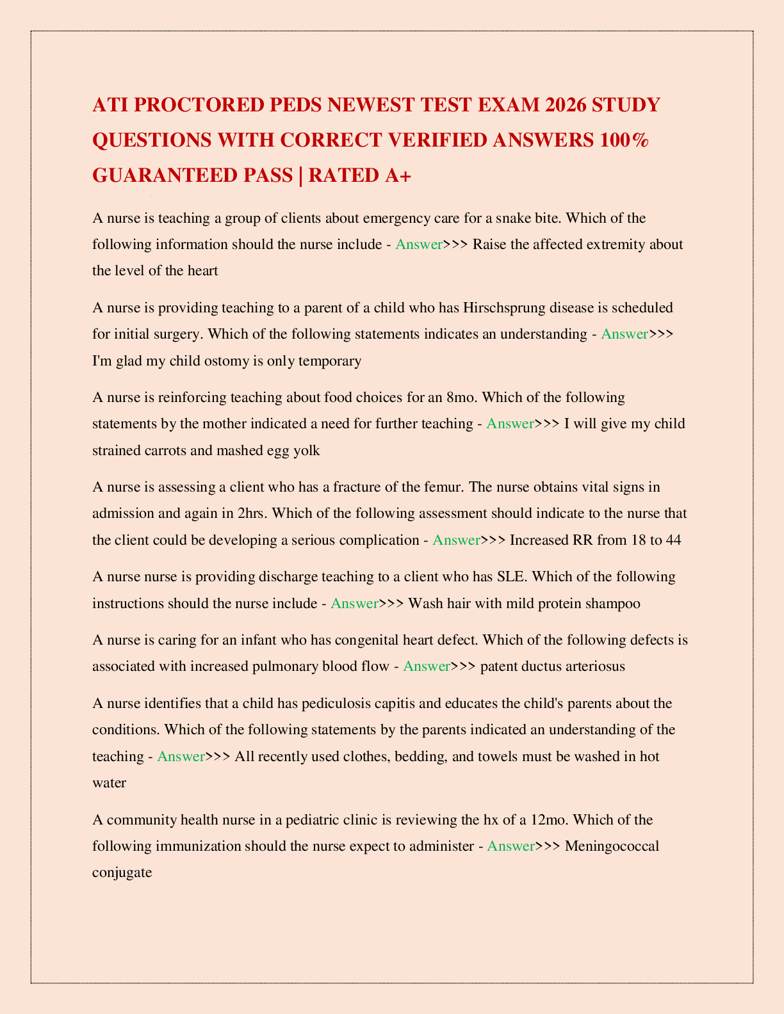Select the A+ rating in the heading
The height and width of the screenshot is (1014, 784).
click(x=397, y=175)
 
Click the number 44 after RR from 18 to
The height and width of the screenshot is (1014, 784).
click(x=673, y=540)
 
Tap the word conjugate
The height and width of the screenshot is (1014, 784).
click(x=122, y=872)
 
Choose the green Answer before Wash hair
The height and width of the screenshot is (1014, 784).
click(x=354, y=603)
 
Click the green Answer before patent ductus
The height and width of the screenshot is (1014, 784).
click(x=427, y=666)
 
